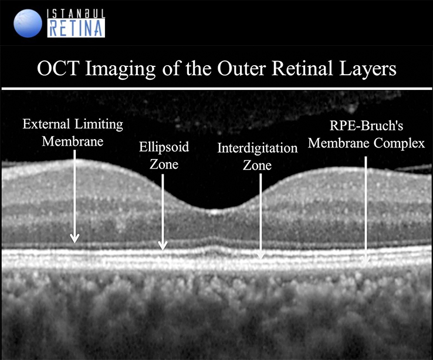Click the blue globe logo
28,23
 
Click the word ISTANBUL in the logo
76,14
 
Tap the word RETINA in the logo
76,28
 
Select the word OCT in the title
58,68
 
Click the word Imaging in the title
121,69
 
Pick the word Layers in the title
368,69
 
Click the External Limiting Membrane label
73,133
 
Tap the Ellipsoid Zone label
164,156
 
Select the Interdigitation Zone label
258,156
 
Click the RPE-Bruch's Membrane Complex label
366,134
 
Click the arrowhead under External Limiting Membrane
75,238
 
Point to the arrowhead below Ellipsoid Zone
163,245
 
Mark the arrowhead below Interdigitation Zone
260,255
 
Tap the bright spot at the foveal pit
215,213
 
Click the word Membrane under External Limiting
73,142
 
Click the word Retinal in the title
302,68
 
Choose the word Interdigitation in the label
258,148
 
